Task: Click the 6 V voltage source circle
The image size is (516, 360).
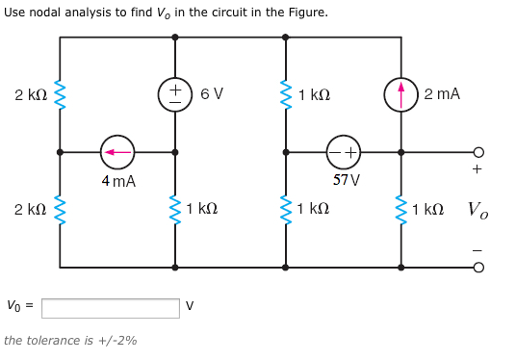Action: point(175,94)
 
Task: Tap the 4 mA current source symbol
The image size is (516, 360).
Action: point(117,152)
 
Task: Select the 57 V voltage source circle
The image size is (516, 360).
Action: point(344,152)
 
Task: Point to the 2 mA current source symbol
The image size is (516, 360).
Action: point(401,94)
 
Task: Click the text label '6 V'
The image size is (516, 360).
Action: point(212,94)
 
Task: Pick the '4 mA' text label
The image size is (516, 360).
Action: point(117,181)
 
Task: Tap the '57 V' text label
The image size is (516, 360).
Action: point(346,180)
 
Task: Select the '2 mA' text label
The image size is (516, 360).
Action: point(441,94)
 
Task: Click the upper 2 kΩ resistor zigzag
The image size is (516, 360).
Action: point(60,94)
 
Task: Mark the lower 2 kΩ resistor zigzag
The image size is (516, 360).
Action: point(60,209)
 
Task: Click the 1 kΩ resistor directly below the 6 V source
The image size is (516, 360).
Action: point(175,209)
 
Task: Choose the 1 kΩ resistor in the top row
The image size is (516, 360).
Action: point(286,94)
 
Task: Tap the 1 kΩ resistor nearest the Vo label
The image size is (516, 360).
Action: point(401,209)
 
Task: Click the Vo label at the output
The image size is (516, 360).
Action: point(477,210)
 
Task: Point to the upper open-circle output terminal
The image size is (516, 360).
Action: point(478,152)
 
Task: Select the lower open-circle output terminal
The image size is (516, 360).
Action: point(478,268)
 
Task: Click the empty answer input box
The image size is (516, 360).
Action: point(110,308)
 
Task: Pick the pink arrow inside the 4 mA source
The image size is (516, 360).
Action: point(117,152)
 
